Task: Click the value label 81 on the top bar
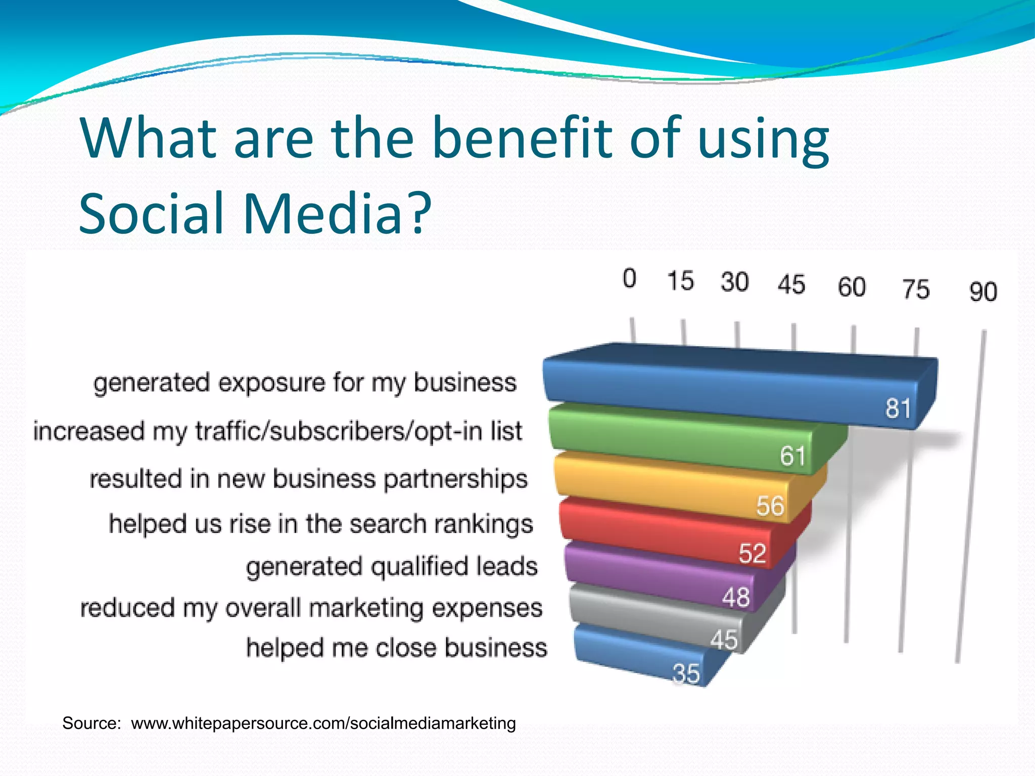(898, 408)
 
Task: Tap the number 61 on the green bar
(792, 455)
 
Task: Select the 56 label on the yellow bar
(770, 505)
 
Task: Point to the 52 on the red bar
(752, 553)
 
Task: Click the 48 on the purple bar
(735, 597)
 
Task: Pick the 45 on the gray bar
(724, 640)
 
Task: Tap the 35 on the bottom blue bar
(686, 673)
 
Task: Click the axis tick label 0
(629, 278)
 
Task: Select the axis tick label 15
(680, 280)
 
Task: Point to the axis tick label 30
(734, 282)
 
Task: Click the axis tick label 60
(852, 286)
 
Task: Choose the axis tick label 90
(983, 292)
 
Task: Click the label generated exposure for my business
(305, 383)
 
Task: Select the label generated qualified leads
(392, 566)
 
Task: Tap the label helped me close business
(396, 648)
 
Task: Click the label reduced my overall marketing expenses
(311, 608)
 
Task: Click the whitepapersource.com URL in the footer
(323, 723)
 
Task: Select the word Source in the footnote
(90, 723)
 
